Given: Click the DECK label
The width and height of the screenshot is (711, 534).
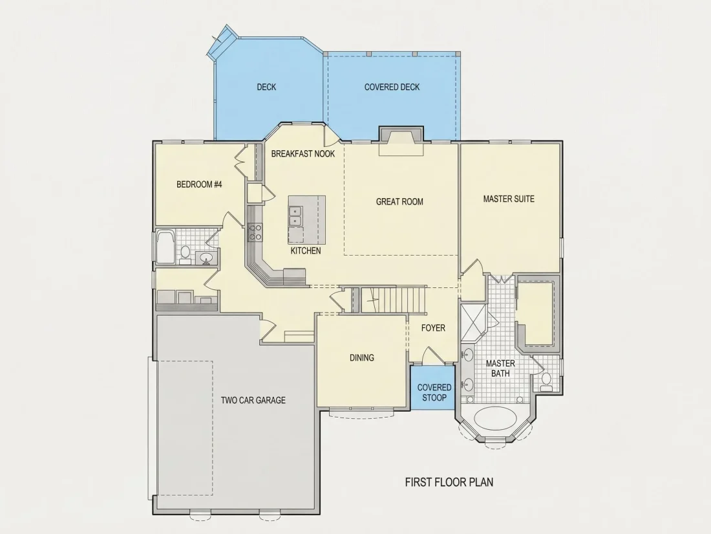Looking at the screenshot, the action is [266, 87].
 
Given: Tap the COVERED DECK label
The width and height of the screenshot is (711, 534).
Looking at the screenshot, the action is [392, 87].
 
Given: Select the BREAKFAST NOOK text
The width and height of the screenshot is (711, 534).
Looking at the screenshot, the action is [303, 154].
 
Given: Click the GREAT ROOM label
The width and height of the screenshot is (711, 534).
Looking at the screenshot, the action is [399, 201].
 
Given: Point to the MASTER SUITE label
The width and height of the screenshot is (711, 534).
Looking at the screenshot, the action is [509, 199].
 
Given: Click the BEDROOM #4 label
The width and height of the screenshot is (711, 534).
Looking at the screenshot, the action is [199, 184].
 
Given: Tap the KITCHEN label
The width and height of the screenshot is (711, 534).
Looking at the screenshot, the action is [306, 250].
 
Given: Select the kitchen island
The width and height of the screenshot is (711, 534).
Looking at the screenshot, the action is [307, 220].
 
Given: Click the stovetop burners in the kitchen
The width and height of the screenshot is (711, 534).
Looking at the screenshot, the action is [255, 232].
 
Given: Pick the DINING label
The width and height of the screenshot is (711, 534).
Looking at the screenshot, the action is [362, 358].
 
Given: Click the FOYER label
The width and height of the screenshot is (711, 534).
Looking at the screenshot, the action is [433, 328].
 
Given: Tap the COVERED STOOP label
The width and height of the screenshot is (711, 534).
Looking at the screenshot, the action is [434, 392].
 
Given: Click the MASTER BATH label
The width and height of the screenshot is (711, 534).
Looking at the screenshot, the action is [500, 368].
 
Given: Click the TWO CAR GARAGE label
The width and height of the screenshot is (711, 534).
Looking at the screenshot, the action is [253, 400].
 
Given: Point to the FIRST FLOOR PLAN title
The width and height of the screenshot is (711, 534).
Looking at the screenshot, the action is [449, 482].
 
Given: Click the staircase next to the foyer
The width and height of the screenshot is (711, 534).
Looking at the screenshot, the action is [394, 299].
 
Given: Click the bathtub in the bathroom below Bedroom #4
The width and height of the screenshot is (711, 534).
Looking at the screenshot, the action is [165, 247].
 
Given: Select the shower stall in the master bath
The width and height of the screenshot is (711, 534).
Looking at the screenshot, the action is [473, 322].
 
